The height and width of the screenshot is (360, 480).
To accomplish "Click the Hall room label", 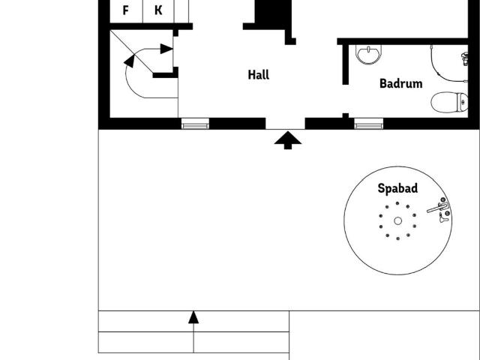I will pos(258,75).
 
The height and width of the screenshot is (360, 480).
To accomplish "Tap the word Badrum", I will pos(400,84).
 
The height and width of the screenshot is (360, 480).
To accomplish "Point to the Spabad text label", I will pos(397,189).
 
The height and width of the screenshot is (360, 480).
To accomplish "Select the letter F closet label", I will pos(125,10).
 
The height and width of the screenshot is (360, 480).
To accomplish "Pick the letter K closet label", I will pos(158,10).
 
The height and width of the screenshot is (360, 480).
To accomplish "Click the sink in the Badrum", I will pos(368,54).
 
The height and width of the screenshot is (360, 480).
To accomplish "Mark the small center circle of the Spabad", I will pos(397,220).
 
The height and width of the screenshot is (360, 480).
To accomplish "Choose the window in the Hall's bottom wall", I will pos(195,124).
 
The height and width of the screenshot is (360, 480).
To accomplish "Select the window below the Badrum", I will pos(368,124).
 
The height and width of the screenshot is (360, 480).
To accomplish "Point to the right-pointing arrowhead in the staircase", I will pos(169,49).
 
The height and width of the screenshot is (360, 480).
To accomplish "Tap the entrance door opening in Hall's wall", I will pos(286,124).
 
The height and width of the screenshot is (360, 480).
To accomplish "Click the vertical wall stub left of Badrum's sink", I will pos(345,64).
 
